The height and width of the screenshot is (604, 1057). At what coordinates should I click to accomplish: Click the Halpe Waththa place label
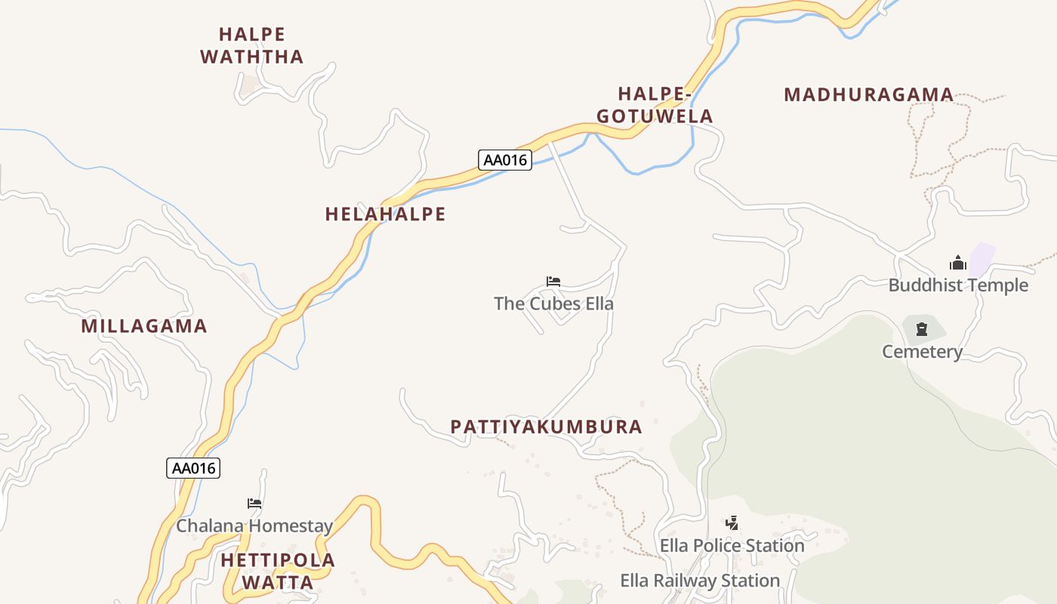tap(252, 45)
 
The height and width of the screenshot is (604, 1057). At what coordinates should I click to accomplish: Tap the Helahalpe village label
tap(385, 214)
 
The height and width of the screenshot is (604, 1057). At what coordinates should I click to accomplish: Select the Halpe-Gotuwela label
tap(655, 105)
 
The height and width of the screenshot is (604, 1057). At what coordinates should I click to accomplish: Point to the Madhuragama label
tap(868, 95)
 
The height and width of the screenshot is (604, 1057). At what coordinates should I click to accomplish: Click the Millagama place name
tap(143, 326)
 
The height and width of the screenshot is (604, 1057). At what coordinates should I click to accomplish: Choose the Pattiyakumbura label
tap(546, 427)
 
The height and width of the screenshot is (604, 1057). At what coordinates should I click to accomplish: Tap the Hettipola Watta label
tap(278, 571)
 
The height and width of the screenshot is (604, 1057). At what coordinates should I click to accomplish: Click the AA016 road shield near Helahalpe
tap(505, 160)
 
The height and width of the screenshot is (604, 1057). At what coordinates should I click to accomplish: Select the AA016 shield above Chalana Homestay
tap(193, 468)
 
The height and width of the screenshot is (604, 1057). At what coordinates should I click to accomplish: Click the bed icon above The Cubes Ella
tap(553, 282)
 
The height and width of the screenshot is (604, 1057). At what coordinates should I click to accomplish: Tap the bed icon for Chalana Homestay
tap(254, 504)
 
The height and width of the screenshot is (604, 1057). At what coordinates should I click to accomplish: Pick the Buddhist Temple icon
tap(958, 263)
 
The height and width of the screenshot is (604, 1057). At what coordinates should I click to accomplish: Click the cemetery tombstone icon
tap(921, 329)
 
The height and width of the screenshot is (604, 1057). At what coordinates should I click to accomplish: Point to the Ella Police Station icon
tap(732, 522)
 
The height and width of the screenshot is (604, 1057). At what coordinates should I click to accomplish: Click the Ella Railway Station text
tap(700, 581)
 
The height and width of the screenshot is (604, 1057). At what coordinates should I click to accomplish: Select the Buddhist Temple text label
tap(958, 285)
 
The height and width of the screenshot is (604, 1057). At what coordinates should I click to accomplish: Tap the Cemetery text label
tap(922, 352)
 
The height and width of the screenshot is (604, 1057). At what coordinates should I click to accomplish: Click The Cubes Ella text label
tap(553, 304)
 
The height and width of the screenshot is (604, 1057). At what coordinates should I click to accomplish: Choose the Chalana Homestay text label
tap(254, 526)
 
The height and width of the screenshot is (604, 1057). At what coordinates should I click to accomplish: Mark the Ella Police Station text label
tap(732, 545)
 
